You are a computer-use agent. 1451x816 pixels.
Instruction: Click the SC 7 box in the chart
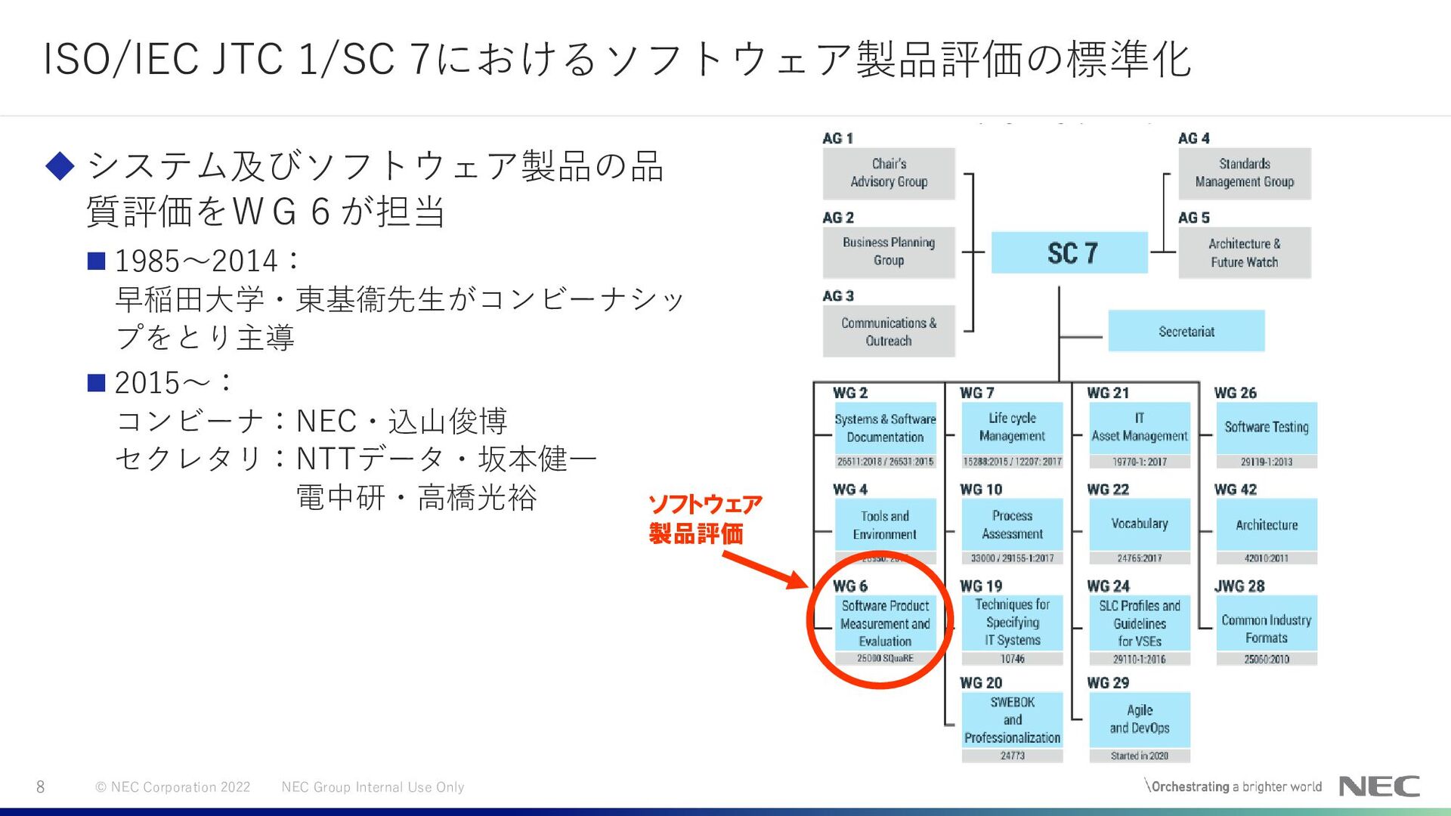pyautogui.click(x=1069, y=253)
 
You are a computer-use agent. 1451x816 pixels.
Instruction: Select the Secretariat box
pyautogui.click(x=1186, y=331)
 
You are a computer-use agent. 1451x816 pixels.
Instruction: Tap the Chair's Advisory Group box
pyautogui.click(x=889, y=173)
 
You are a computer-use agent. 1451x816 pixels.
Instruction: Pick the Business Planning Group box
pyautogui.click(x=889, y=252)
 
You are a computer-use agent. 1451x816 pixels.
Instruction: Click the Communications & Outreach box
pyautogui.click(x=889, y=332)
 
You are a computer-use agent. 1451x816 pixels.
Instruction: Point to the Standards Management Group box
pyautogui.click(x=1244, y=173)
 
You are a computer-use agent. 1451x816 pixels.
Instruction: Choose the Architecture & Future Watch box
pyautogui.click(x=1244, y=253)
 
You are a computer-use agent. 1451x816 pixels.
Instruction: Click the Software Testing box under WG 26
pyautogui.click(x=1266, y=427)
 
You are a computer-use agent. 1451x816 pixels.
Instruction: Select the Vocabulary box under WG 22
pyautogui.click(x=1139, y=524)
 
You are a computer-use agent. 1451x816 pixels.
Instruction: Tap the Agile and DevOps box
pyautogui.click(x=1139, y=719)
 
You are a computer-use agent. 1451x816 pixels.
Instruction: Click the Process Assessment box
pyautogui.click(x=1012, y=524)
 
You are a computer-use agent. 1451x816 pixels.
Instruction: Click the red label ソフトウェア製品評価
pyautogui.click(x=705, y=519)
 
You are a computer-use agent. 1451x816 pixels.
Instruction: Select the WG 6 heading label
pyautogui.click(x=850, y=586)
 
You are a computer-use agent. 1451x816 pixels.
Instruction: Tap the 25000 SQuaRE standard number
pyautogui.click(x=885, y=659)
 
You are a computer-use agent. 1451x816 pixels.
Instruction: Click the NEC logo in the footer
pyautogui.click(x=1379, y=787)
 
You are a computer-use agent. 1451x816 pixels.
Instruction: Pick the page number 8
pyautogui.click(x=41, y=787)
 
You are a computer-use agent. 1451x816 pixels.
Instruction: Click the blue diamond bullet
pyautogui.click(x=60, y=165)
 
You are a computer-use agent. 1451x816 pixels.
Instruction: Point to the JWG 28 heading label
pyautogui.click(x=1239, y=586)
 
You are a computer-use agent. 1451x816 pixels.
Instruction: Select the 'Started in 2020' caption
pyautogui.click(x=1139, y=756)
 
